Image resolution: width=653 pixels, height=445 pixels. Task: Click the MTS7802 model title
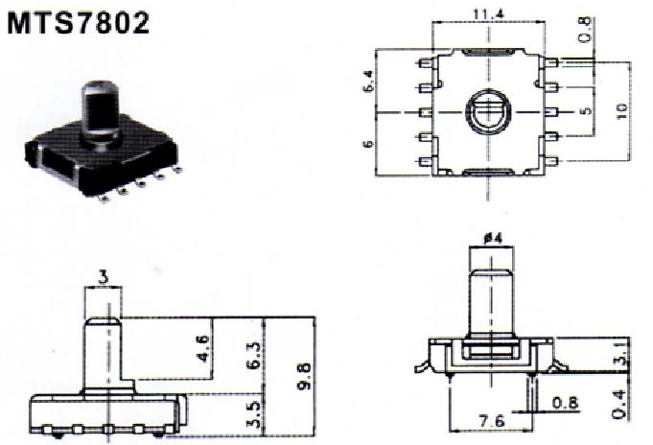coord(79,23)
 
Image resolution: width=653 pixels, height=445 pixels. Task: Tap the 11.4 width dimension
coord(488,13)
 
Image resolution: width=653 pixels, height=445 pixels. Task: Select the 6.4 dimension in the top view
coord(368,81)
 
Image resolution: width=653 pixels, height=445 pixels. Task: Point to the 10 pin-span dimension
coord(621,111)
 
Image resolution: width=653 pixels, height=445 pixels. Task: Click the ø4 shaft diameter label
coord(492,239)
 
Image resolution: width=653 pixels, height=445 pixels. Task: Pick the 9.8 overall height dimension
coord(304,376)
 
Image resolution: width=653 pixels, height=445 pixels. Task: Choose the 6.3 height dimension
coord(254,356)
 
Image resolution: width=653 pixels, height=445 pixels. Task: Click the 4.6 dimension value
coord(203,349)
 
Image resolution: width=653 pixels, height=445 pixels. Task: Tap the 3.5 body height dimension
coord(254,415)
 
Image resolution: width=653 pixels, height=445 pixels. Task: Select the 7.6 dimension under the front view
coord(492,420)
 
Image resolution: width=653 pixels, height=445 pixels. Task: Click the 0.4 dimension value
coord(620,404)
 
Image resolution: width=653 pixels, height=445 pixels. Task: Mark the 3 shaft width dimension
coord(104,277)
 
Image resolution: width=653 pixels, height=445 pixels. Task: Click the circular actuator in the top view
coord(488,111)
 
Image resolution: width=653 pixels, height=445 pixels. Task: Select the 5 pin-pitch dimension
coord(586,111)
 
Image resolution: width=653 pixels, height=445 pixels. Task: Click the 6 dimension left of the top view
coord(368,144)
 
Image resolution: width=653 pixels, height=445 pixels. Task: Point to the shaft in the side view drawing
coord(104,353)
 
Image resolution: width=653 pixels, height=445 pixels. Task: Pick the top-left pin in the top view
coord(425,63)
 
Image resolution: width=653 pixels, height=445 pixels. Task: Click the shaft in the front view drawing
coord(491,301)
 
